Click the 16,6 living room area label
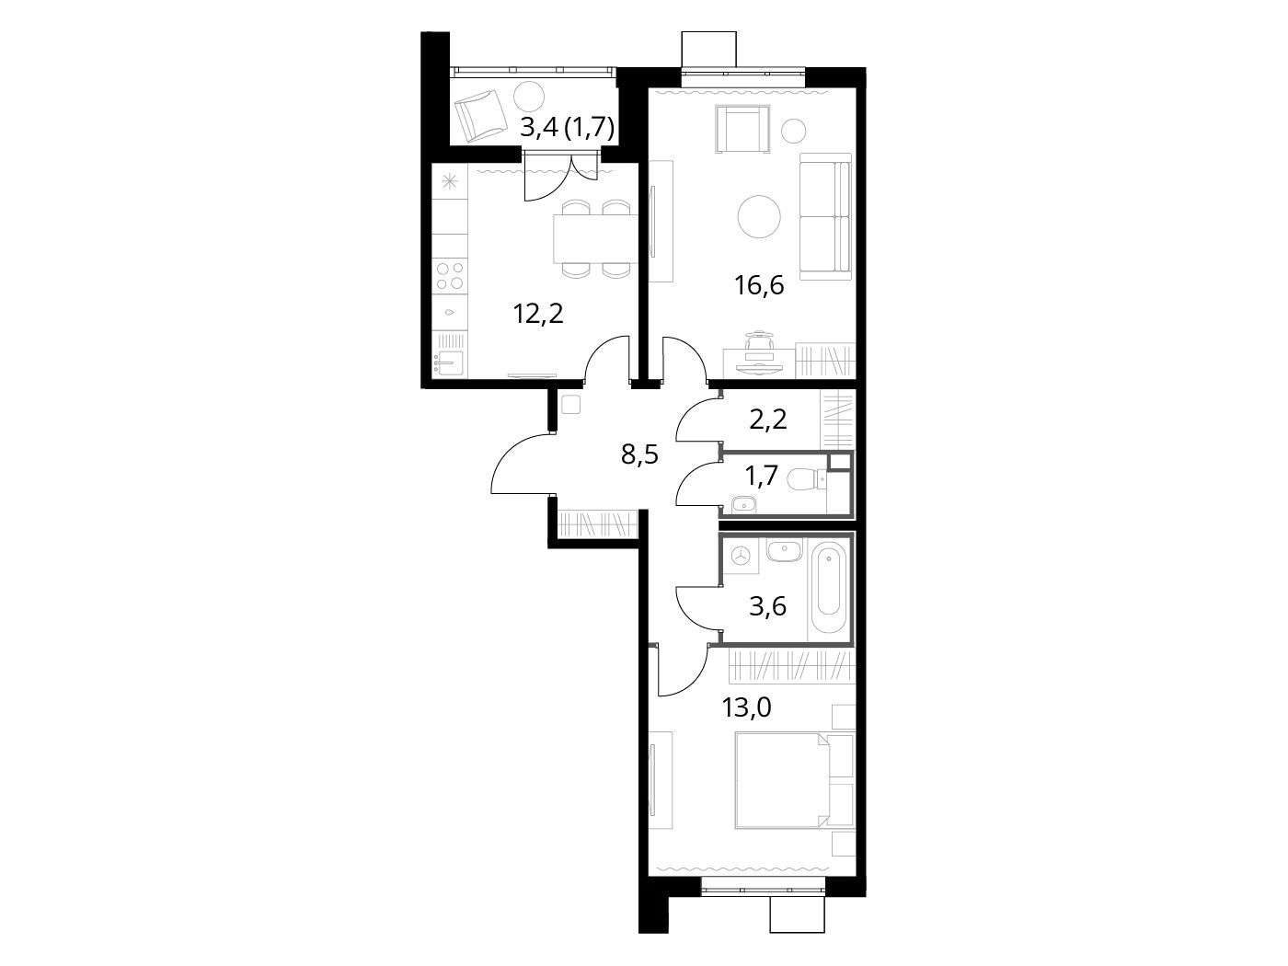click(759, 285)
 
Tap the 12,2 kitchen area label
click(538, 314)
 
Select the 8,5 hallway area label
click(639, 454)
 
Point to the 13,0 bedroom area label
click(746, 707)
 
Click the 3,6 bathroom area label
click(767, 606)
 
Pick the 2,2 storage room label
click(767, 420)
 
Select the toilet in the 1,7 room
click(810, 480)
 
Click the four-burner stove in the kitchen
click(450, 276)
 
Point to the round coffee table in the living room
click(759, 216)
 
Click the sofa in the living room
click(825, 216)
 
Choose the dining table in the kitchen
click(595, 239)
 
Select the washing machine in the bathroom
click(742, 556)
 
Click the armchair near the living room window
click(742, 129)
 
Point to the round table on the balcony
click(530, 96)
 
